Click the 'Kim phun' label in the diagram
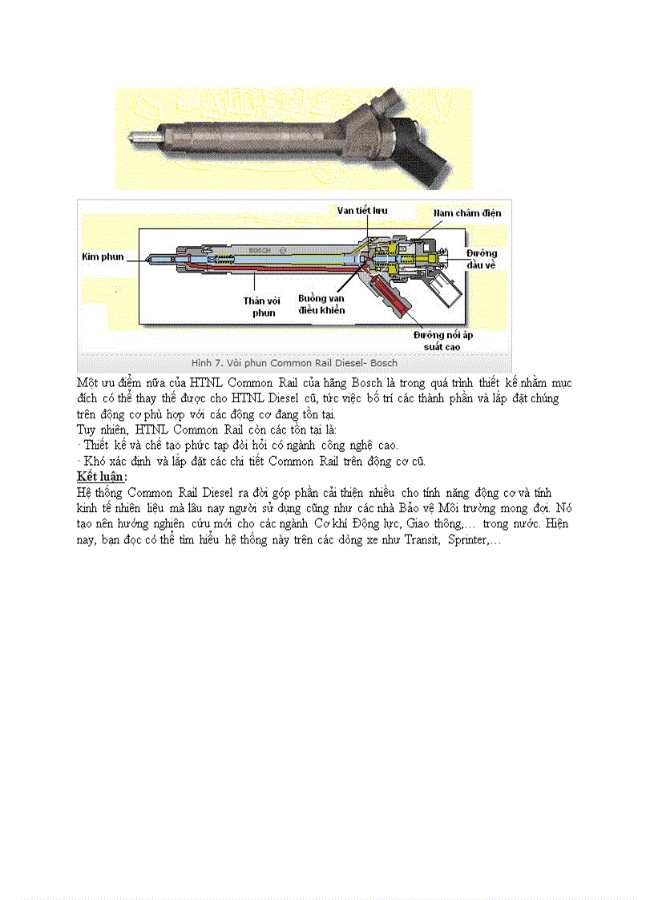102,256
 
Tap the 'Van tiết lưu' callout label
362,210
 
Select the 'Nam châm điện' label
467,213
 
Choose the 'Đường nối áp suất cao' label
443,341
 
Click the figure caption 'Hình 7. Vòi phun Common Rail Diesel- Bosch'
294,363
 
